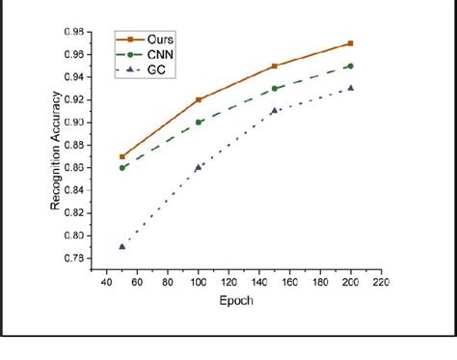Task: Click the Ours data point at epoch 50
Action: click(121, 156)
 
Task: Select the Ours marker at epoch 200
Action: click(350, 43)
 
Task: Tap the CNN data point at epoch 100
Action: click(199, 123)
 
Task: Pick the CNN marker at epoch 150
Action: click(275, 89)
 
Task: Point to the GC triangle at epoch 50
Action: click(121, 246)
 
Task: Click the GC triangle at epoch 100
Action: click(199, 167)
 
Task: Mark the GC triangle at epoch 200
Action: click(350, 88)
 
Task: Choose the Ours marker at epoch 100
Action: click(199, 99)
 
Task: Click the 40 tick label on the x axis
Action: click(106, 283)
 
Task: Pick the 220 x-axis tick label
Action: click(380, 283)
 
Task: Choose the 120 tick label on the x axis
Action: click(228, 283)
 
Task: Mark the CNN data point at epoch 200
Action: click(350, 66)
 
